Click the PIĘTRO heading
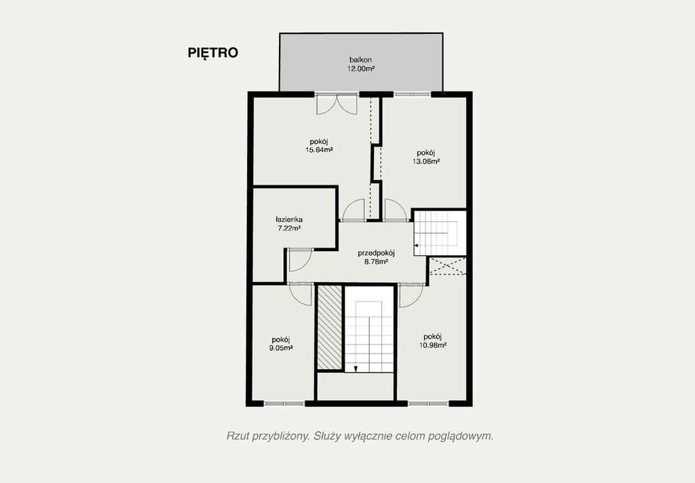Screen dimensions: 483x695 click(212, 53)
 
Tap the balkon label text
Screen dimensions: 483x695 click(360, 60)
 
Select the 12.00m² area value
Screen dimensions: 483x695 click(360, 69)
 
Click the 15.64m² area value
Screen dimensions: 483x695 click(318, 150)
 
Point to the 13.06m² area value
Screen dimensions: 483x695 click(426, 161)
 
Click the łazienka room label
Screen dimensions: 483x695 click(288, 220)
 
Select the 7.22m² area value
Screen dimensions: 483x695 click(288, 229)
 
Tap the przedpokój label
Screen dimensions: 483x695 click(376, 253)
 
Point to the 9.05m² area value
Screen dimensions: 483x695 click(280, 348)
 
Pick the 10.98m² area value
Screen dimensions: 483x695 click(432, 345)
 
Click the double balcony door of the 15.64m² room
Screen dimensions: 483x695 click(337, 104)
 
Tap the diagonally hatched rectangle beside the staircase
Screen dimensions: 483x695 click(330, 328)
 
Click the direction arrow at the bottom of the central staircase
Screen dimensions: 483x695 click(356, 368)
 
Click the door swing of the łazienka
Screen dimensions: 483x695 click(299, 259)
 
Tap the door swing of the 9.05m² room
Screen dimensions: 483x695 click(299, 293)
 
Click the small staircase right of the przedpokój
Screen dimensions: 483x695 click(440, 232)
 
